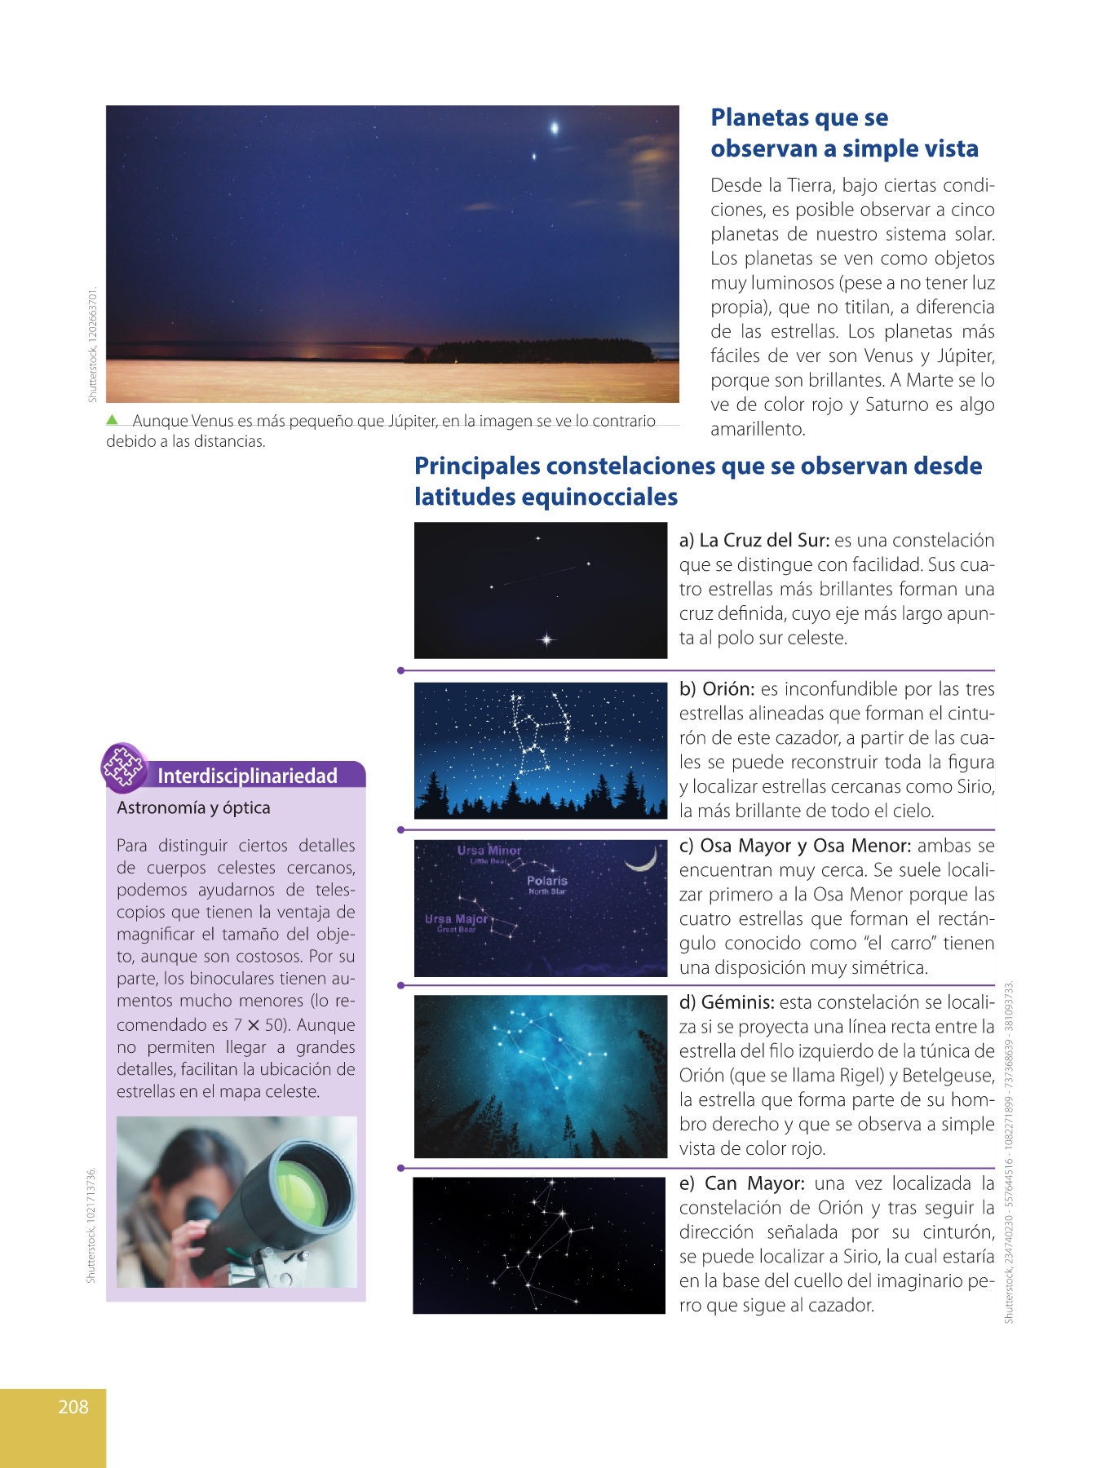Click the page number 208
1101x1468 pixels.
pyautogui.click(x=73, y=1406)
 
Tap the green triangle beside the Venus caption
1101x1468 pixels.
pyautogui.click(x=113, y=420)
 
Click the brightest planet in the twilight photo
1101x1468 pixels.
pyautogui.click(x=555, y=127)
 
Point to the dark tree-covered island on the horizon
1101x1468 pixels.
pyautogui.click(x=538, y=352)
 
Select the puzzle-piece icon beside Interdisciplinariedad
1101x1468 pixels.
pyautogui.click(x=122, y=767)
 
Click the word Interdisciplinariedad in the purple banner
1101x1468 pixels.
pyautogui.click(x=247, y=776)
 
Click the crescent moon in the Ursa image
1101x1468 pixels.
pyautogui.click(x=643, y=859)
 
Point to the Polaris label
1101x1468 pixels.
pyautogui.click(x=546, y=881)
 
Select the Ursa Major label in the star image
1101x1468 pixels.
pyautogui.click(x=456, y=919)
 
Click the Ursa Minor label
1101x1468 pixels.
pyautogui.click(x=489, y=851)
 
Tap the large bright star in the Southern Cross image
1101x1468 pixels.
pyautogui.click(x=546, y=640)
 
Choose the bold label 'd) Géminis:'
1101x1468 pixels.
pyautogui.click(x=727, y=1002)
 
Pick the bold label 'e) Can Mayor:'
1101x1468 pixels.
pyautogui.click(x=742, y=1183)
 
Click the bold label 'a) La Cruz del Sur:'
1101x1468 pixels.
pyautogui.click(x=754, y=541)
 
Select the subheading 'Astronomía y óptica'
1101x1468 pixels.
pyautogui.click(x=193, y=807)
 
